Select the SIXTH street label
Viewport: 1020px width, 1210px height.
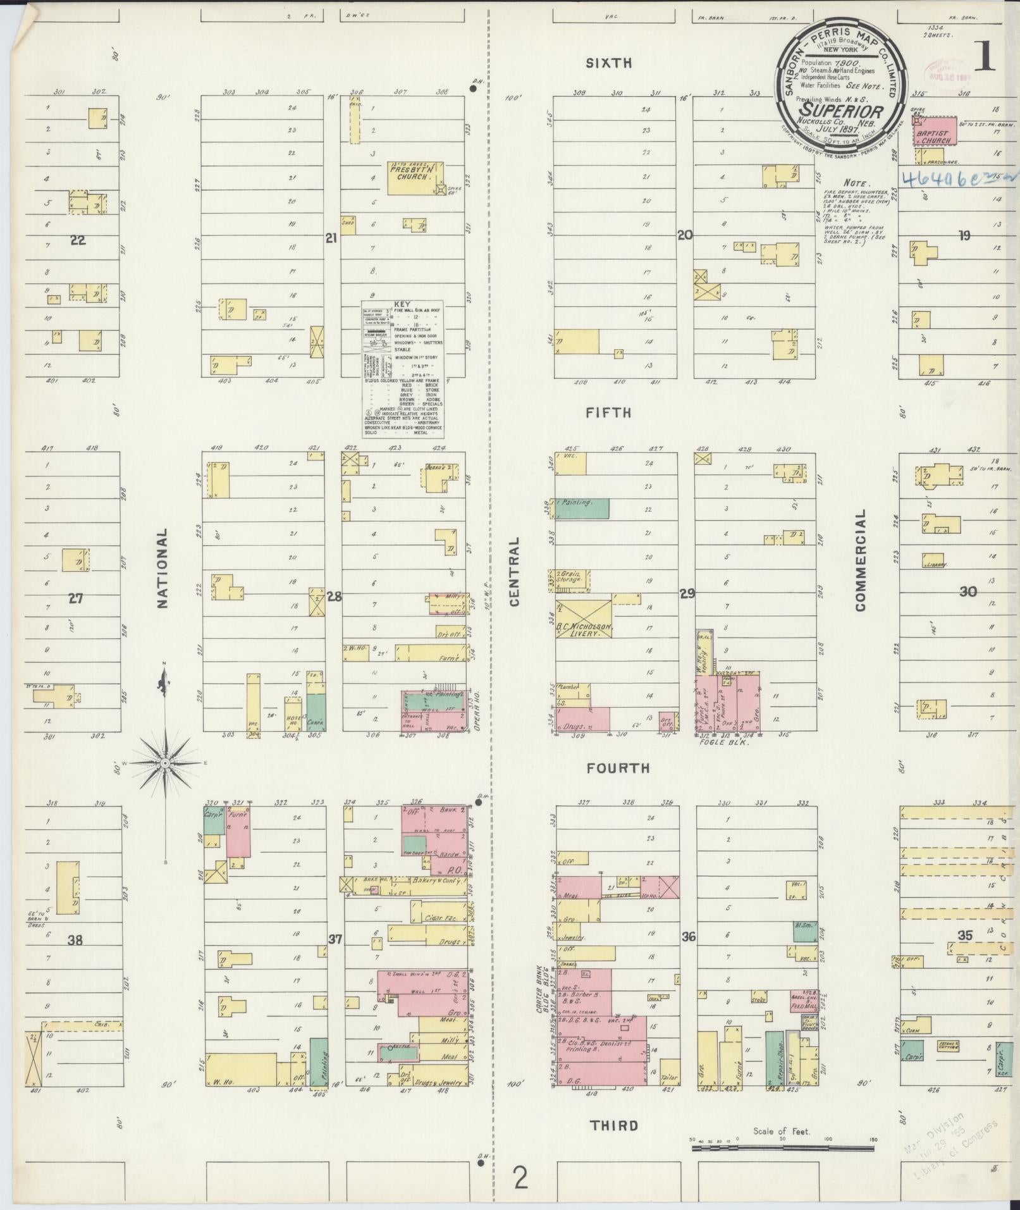click(x=608, y=63)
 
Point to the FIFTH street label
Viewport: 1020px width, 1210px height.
click(x=608, y=413)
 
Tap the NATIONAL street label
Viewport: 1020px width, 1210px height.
click(x=163, y=569)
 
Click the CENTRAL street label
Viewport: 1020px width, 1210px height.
click(x=514, y=572)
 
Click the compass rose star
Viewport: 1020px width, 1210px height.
click(x=164, y=764)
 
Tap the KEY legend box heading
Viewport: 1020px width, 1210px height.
click(x=402, y=304)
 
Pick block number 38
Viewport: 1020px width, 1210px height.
click(x=75, y=941)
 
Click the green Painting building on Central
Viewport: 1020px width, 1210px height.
click(x=582, y=509)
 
